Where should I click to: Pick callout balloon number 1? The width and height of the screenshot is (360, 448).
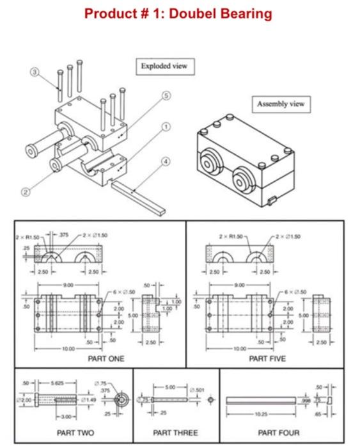[168, 127]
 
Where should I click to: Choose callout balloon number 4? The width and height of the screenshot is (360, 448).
[168, 161]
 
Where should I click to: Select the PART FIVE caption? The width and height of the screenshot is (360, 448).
[265, 359]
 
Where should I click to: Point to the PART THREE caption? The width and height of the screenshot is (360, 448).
[175, 433]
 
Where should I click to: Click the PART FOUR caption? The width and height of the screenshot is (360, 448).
[279, 433]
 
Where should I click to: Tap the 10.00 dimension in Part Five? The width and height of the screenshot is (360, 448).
[242, 349]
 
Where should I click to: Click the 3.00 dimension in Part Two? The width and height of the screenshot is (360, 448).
[49, 417]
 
